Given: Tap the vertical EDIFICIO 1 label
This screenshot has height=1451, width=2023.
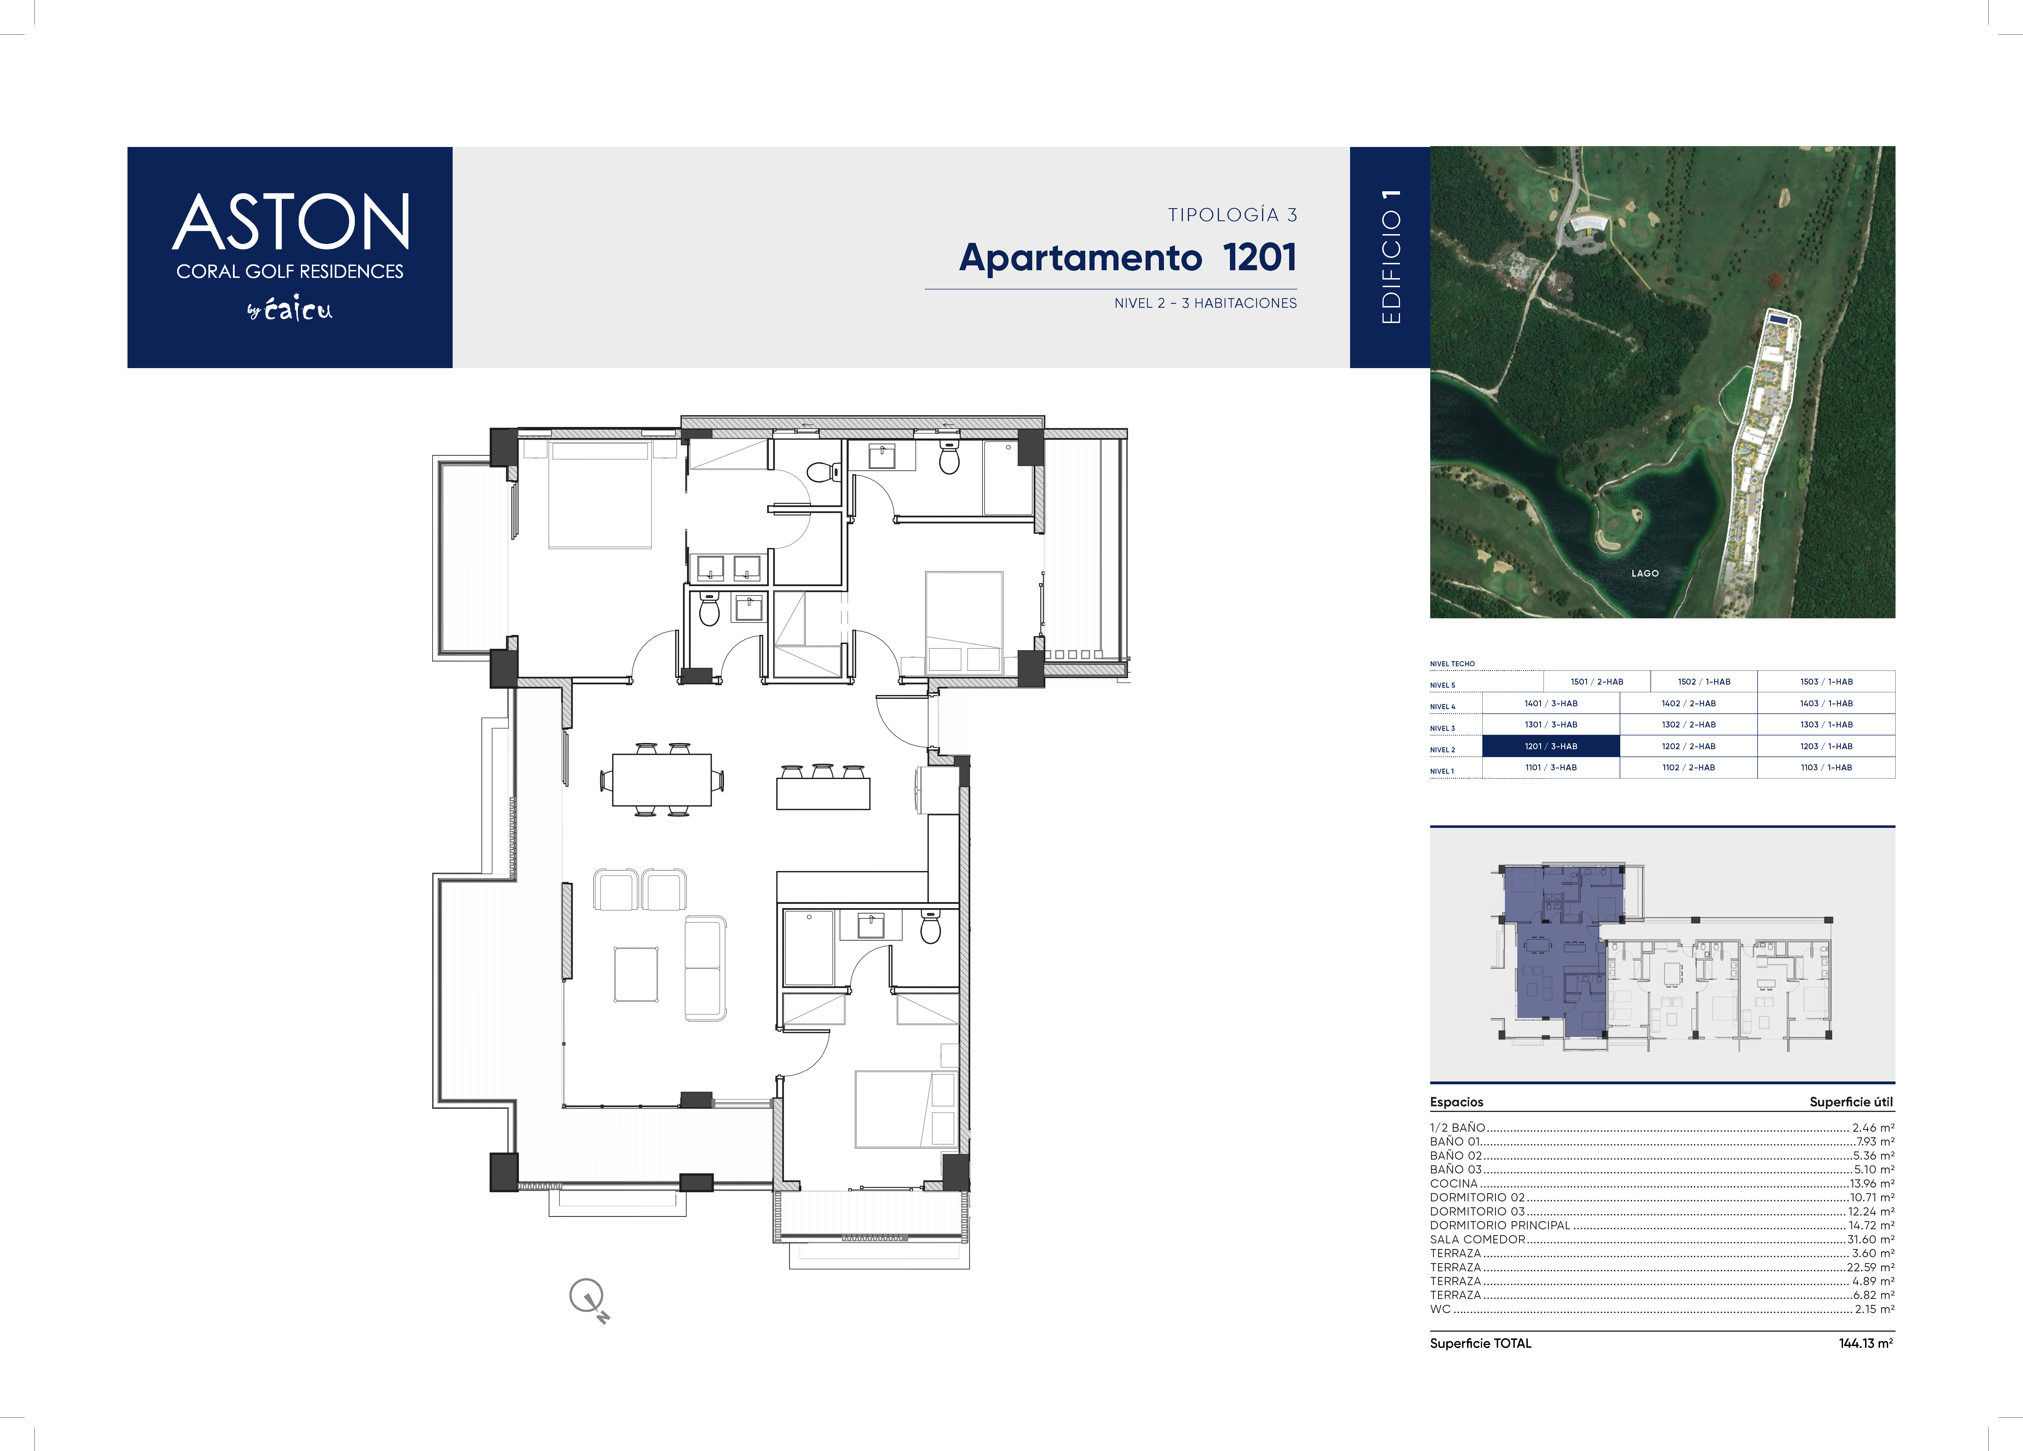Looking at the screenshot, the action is (1391, 257).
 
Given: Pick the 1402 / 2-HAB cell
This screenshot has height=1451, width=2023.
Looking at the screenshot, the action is (1689, 703).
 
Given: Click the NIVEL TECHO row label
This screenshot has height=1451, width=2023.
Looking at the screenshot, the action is (1452, 664).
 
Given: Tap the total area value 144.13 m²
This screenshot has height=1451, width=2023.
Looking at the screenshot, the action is (1866, 1343).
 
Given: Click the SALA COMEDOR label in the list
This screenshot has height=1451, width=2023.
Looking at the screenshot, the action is (1477, 1239).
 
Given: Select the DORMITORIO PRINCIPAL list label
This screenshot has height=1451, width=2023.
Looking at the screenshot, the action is (1499, 1225).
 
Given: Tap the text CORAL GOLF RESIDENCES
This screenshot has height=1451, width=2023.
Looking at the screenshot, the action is (290, 271).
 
